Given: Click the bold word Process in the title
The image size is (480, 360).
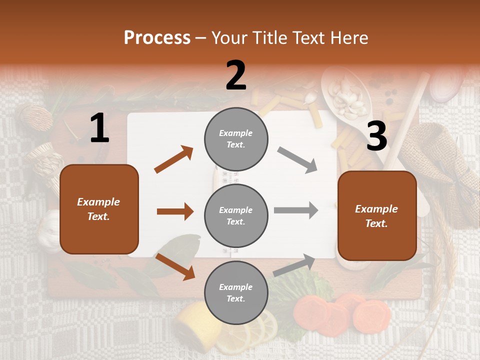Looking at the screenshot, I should tap(157, 38).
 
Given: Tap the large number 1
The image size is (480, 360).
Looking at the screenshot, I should tap(99, 128).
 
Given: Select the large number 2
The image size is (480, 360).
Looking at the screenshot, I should tap(236, 75).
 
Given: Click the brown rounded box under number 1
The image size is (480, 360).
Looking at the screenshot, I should tap(99, 209).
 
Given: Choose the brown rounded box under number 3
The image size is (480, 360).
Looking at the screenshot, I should tap(377, 215).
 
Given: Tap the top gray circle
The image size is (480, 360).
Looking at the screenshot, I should tap(236, 138).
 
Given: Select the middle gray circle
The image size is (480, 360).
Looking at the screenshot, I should tap(236, 215).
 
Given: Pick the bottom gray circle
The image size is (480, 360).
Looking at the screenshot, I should tap(236, 292).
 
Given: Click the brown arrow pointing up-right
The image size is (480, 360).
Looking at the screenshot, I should tap(174, 159).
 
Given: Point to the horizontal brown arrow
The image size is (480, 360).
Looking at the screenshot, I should tap(175, 211).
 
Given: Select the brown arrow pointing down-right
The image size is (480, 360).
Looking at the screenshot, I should tap(175, 266).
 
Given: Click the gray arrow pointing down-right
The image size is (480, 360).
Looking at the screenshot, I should tap(297, 160).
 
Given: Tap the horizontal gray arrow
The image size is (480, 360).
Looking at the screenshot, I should tap(296, 210).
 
